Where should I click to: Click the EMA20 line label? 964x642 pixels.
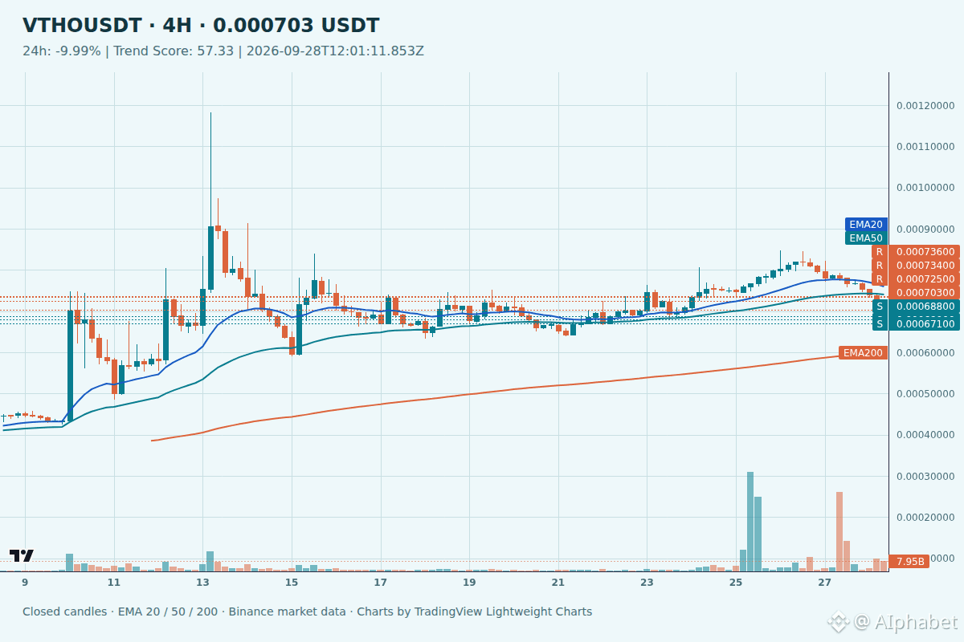point(866,225)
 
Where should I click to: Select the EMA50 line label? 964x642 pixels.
point(866,238)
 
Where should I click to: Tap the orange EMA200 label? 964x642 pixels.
point(863,353)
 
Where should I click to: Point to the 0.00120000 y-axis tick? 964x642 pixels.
point(925,106)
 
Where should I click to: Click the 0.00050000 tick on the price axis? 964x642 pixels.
point(925,394)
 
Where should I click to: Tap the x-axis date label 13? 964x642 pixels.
point(202,583)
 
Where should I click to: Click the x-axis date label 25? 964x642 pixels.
point(736,583)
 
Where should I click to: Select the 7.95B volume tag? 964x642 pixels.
point(909,562)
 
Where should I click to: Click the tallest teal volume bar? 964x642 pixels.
point(750,522)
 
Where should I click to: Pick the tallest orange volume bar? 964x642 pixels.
point(839,531)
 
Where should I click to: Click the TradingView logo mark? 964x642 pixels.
point(22,555)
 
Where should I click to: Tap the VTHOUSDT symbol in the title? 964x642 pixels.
point(82,26)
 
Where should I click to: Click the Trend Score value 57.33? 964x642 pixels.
point(215,51)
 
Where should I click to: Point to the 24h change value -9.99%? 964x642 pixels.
point(78,51)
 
